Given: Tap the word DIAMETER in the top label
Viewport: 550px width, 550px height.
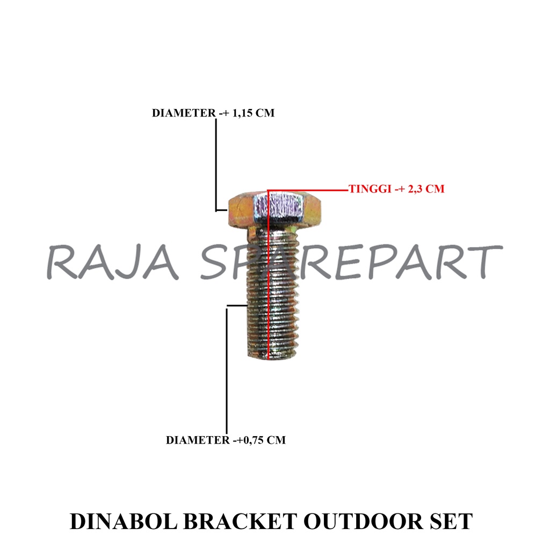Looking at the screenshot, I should coord(182,113).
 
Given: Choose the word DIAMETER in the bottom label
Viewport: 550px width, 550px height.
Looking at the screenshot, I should coord(197,440).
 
